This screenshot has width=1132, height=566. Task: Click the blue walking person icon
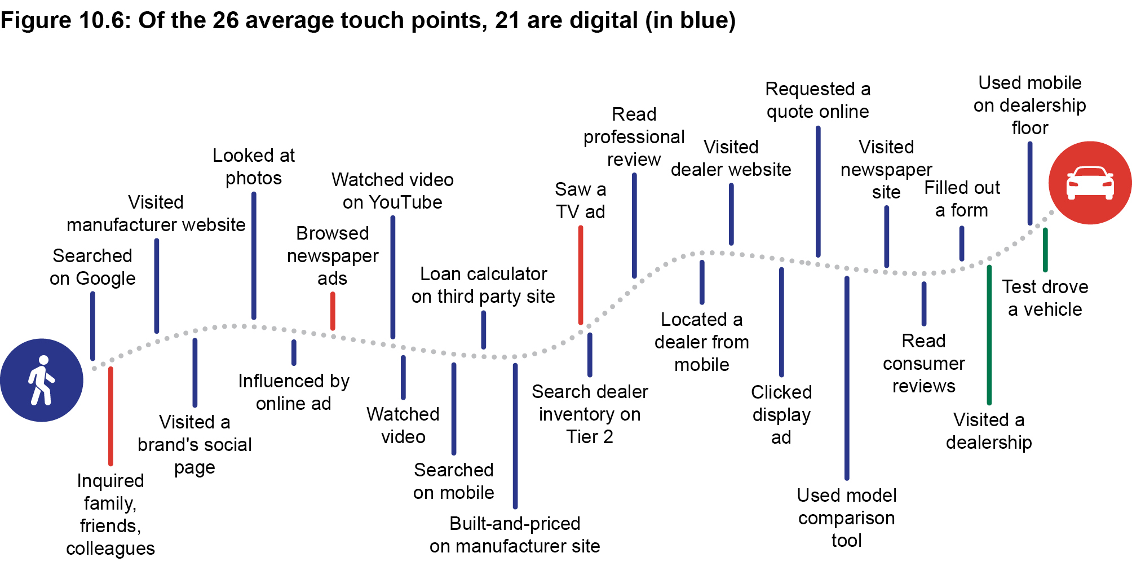click(x=41, y=380)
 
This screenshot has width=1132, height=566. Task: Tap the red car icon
click(x=1090, y=183)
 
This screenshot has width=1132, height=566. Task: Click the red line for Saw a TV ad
click(x=581, y=275)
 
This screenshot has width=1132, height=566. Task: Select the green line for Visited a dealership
click(x=989, y=335)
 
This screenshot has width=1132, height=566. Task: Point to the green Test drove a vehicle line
click(x=1045, y=250)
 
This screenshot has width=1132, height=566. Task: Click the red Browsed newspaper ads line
click(x=333, y=311)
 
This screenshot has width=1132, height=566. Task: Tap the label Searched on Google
click(x=92, y=267)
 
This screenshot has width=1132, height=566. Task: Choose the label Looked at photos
click(x=254, y=167)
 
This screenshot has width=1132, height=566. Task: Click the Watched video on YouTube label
click(x=392, y=191)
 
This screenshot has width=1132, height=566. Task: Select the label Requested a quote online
click(x=817, y=100)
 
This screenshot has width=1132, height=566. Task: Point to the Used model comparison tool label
click(x=846, y=518)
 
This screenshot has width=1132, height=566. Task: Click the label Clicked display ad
click(x=781, y=414)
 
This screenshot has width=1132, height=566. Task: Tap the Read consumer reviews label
click(x=923, y=364)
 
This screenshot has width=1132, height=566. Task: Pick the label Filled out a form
click(x=962, y=199)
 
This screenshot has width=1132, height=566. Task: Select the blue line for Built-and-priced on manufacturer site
click(x=515, y=435)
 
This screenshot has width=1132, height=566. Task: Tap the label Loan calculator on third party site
click(x=483, y=285)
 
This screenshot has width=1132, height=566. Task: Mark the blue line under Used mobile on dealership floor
click(x=1030, y=183)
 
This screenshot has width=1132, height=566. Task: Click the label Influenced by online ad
click(x=294, y=392)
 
